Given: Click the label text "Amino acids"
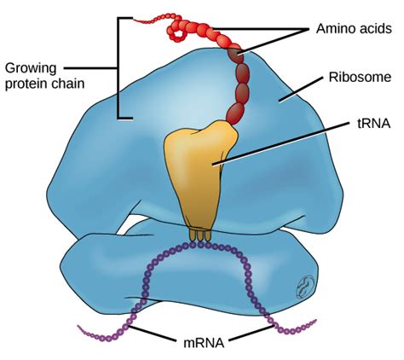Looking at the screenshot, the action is pyautogui.click(x=354, y=28).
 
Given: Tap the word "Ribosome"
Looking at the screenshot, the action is pyautogui.click(x=360, y=77).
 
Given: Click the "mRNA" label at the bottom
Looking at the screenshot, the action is pyautogui.click(x=204, y=343).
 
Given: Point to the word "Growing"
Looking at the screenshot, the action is pyautogui.click(x=31, y=69).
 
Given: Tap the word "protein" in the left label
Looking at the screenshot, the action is pyautogui.click(x=26, y=84).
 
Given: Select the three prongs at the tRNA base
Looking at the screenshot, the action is pyautogui.click(x=200, y=235).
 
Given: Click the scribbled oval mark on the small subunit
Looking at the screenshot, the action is pyautogui.click(x=305, y=287).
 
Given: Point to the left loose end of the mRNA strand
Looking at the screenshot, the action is pyautogui.click(x=78, y=327).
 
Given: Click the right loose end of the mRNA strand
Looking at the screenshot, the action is pyautogui.click(x=316, y=320).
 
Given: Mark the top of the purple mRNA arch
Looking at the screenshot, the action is pyautogui.click(x=200, y=245).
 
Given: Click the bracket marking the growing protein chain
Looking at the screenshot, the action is pyautogui.click(x=118, y=67).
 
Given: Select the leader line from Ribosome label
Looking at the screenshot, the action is pyautogui.click(x=302, y=89).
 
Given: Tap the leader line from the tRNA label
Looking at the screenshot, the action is pyautogui.click(x=281, y=143).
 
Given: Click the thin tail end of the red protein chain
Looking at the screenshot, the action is pyautogui.click(x=135, y=20).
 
